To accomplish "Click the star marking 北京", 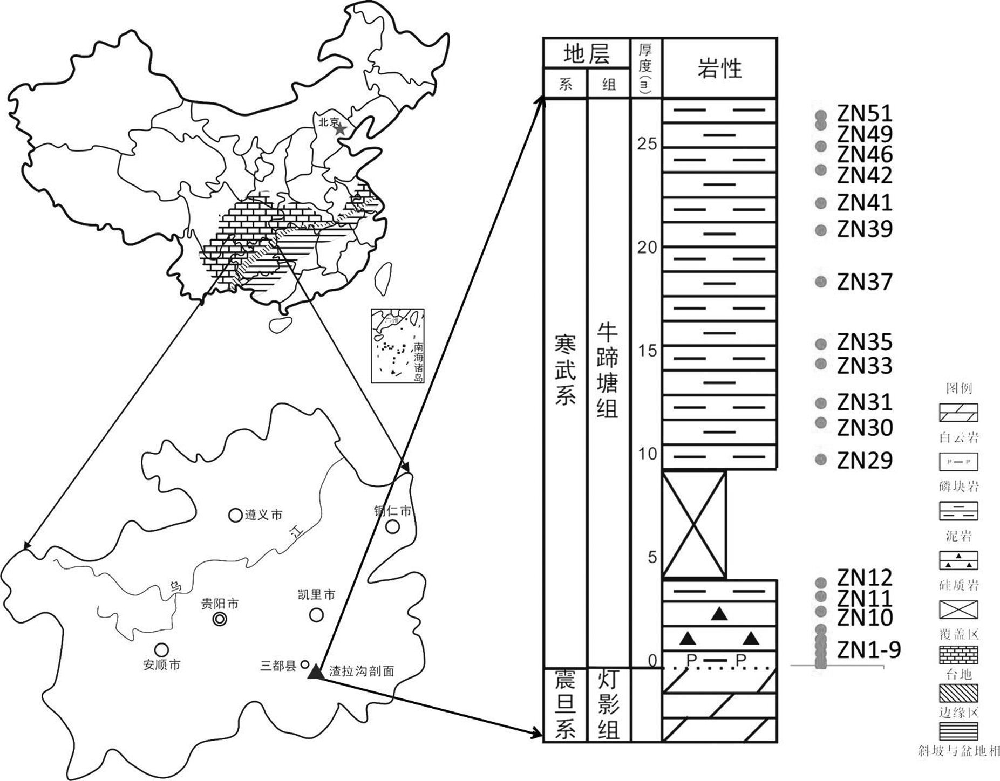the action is [340, 129].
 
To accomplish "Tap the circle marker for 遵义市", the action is [235, 515].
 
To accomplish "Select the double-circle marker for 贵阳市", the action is [220, 619].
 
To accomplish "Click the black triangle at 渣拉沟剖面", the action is [315, 672].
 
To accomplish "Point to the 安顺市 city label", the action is [162, 665].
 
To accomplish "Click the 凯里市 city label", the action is [316, 595].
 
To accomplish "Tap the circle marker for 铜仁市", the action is [393, 526].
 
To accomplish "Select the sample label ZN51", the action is [865, 114].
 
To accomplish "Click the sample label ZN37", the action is [865, 282].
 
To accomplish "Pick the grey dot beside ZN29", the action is [821, 460].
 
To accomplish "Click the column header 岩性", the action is [719, 68].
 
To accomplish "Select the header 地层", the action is [586, 54].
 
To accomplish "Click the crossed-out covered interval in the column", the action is [694, 524].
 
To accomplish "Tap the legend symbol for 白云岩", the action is [958, 413].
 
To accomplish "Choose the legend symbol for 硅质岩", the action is [958, 561].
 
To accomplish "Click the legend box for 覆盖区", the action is [958, 610].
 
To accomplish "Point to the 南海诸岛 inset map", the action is [397, 346].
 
